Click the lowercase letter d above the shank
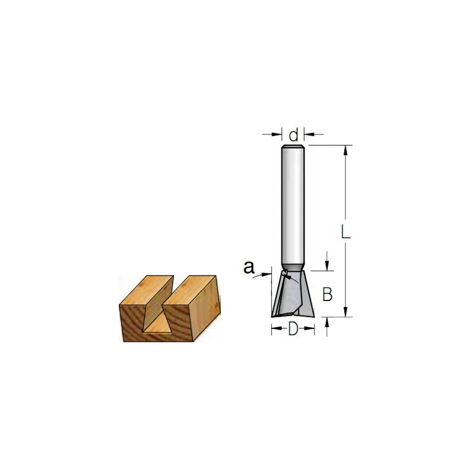click(x=293, y=135)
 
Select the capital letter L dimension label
click(x=346, y=232)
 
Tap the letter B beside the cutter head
click(x=328, y=294)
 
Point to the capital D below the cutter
click(x=293, y=329)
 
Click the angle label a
click(x=249, y=268)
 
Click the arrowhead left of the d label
click(x=277, y=134)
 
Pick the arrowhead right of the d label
click(x=309, y=134)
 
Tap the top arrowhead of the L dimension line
click(x=345, y=150)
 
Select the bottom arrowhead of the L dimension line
click(x=345, y=312)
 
